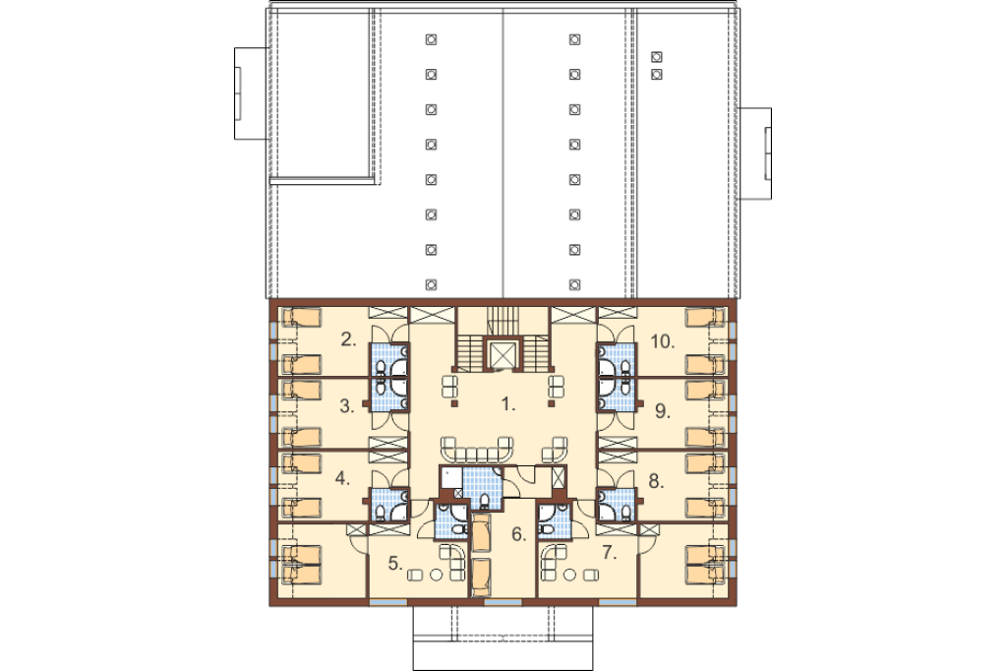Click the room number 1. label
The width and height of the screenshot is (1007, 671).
click(x=508, y=404)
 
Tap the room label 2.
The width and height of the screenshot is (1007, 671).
click(x=348, y=339)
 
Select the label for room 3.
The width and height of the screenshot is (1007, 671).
click(x=347, y=406)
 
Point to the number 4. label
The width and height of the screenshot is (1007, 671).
click(x=342, y=478)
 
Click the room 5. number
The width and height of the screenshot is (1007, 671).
click(x=395, y=563)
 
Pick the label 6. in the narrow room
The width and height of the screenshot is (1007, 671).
click(x=519, y=534)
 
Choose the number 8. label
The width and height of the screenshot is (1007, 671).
click(x=656, y=481)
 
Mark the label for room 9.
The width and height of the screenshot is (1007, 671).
click(x=662, y=410)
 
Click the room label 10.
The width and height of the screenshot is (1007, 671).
click(x=662, y=341)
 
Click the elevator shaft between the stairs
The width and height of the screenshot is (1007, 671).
click(x=503, y=354)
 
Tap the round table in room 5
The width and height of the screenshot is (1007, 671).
click(x=436, y=575)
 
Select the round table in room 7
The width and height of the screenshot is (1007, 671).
click(x=569, y=575)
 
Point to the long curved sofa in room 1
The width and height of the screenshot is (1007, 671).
click(x=477, y=450)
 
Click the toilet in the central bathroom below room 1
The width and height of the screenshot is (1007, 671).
click(x=483, y=500)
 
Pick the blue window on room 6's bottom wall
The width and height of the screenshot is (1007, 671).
click(x=503, y=602)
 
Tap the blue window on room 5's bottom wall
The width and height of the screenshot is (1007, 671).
click(x=387, y=602)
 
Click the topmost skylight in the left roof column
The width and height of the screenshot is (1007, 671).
click(x=431, y=40)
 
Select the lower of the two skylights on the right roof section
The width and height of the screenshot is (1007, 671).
click(x=656, y=75)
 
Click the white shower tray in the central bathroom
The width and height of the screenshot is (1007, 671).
click(x=452, y=477)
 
